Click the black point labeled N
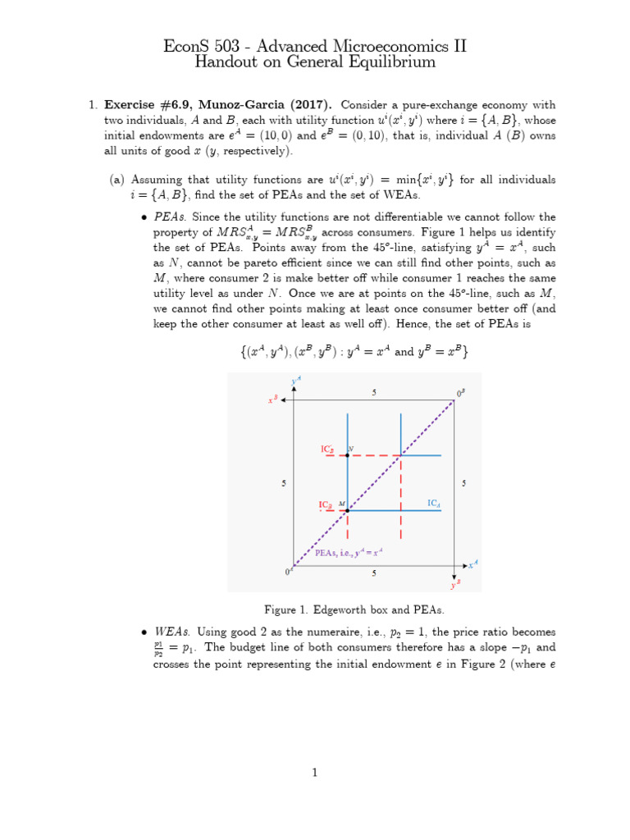(x=348, y=454)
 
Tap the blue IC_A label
(x=433, y=502)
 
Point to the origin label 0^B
(x=460, y=394)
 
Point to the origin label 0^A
(x=289, y=571)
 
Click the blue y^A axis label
(x=296, y=381)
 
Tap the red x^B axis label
(x=272, y=400)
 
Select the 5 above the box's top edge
(x=374, y=393)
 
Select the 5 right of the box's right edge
(x=463, y=484)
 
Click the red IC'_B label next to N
(x=326, y=450)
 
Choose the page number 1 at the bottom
(x=314, y=772)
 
